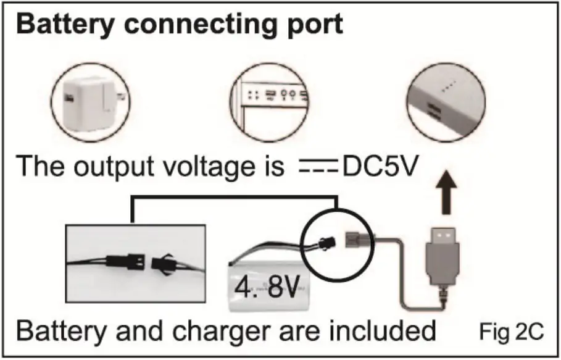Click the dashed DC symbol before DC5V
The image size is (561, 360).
[316, 167]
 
